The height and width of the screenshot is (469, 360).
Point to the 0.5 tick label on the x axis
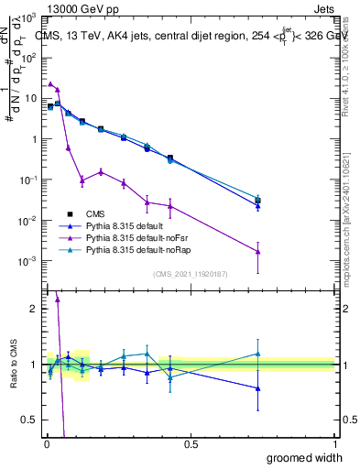click(x=190, y=444)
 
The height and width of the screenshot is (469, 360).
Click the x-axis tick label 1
click(x=334, y=444)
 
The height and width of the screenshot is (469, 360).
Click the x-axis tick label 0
click(x=46, y=444)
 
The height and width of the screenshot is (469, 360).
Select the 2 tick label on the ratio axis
click(x=34, y=309)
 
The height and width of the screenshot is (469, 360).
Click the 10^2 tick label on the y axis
click(x=29, y=57)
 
